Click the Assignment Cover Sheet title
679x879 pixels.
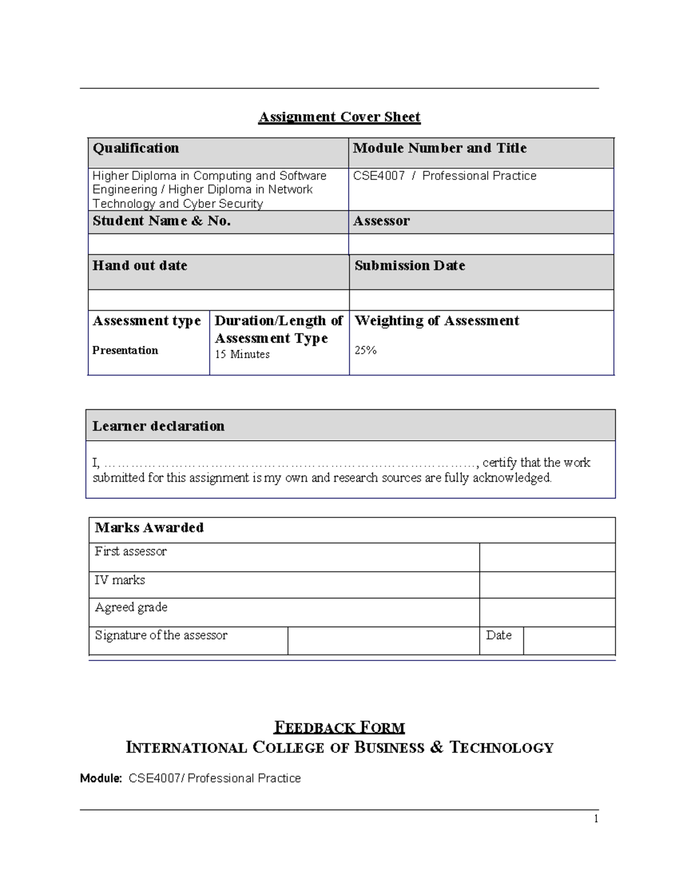(x=339, y=117)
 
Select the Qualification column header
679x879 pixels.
(x=136, y=148)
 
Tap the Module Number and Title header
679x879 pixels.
(x=440, y=148)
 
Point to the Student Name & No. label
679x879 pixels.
(x=161, y=221)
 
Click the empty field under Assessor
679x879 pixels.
(x=481, y=244)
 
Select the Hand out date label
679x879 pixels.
(x=140, y=265)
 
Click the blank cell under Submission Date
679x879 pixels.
(x=481, y=300)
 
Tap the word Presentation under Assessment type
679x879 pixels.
(x=125, y=350)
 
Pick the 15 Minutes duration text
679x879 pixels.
(x=242, y=354)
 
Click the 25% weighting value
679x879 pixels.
(x=366, y=350)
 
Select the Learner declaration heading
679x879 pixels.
(x=158, y=426)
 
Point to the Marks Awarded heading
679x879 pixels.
(x=149, y=528)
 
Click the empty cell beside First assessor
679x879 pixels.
(x=547, y=557)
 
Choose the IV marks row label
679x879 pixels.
(x=120, y=580)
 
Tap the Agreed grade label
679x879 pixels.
(x=131, y=607)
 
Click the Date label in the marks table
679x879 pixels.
(x=498, y=636)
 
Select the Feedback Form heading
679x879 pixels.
(x=339, y=727)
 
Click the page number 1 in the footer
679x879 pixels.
(x=596, y=819)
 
